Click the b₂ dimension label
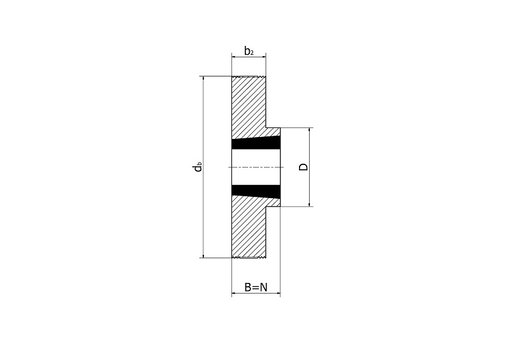[x=249, y=51]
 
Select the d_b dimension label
[x=198, y=167]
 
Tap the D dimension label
[x=303, y=167]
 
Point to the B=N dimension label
[x=256, y=287]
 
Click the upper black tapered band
[x=256, y=143]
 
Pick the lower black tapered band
[x=256, y=191]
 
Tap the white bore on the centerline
[x=256, y=167]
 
